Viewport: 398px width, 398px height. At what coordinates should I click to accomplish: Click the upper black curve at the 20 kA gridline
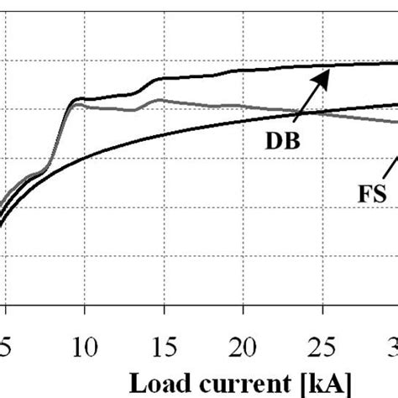pos(242,71)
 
